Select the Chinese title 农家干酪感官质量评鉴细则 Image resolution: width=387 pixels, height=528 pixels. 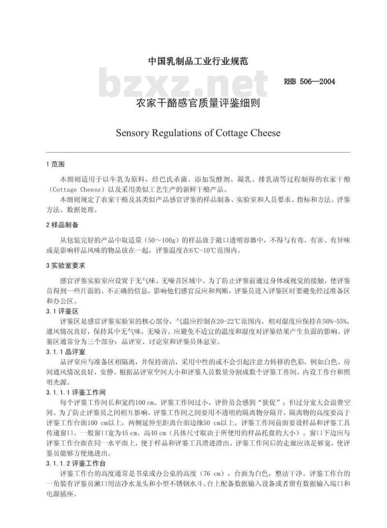click(197, 103)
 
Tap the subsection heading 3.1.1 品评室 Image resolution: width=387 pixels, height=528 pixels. click(66, 352)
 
